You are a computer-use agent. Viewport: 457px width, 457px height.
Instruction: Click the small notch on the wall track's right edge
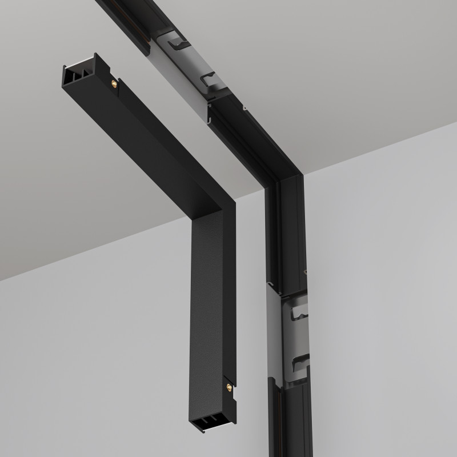click(x=306, y=272)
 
